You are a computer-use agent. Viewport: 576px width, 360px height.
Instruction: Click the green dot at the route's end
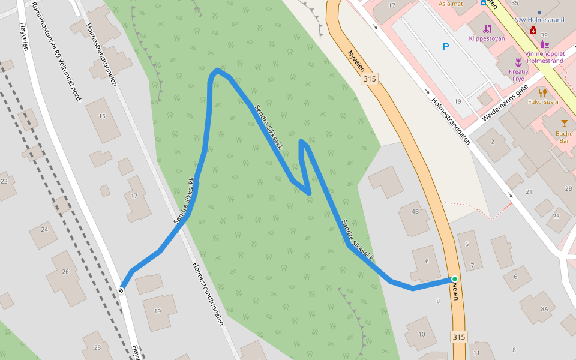coord(455,279)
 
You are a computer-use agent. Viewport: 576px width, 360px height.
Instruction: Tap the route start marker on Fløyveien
coord(121,291)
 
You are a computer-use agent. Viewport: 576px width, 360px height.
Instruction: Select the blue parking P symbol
coord(445,47)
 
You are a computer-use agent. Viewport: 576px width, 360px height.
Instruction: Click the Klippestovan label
coord(487,38)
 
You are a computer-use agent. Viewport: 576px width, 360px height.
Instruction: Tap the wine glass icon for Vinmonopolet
coord(544,44)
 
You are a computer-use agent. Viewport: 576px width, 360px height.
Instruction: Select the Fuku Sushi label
coord(543,101)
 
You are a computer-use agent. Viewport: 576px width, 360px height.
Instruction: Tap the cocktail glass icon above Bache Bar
coord(564,123)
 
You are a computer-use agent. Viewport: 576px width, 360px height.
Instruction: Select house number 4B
coord(415,212)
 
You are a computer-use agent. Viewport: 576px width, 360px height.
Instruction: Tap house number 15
coord(102,116)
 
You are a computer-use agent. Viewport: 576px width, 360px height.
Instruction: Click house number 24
coord(44,229)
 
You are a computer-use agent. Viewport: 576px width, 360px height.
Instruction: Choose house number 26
coord(65,272)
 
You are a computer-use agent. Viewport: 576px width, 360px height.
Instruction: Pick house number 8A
coord(544,308)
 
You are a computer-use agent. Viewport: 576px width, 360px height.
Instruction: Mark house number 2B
coord(569,188)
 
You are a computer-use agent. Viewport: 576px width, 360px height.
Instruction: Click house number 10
coord(422,334)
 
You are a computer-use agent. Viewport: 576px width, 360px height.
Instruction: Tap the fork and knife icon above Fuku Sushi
coord(543,92)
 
